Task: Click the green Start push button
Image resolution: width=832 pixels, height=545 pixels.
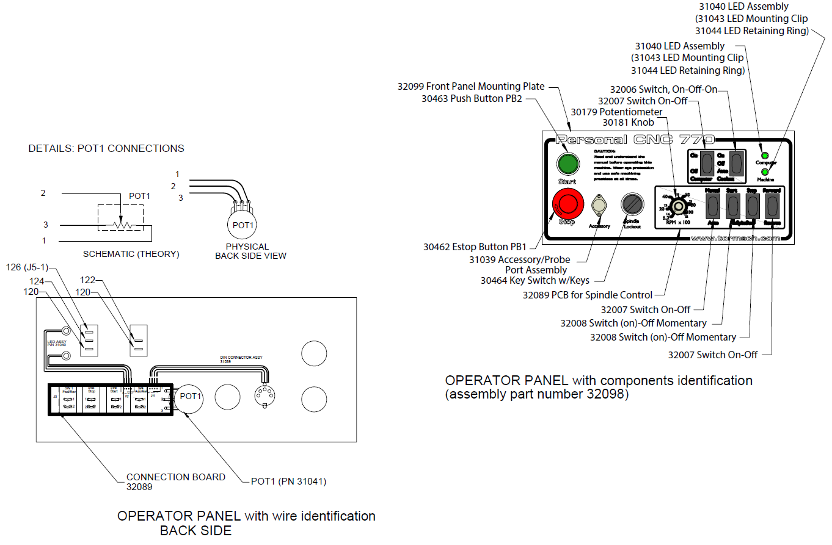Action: coord(567,164)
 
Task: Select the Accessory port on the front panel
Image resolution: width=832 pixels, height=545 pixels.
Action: coord(599,205)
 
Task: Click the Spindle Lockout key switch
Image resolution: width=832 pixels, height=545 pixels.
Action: coord(632,204)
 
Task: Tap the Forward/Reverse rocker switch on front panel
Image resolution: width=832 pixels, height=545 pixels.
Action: coord(772,208)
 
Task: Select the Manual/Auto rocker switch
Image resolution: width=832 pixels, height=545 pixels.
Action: coord(712,208)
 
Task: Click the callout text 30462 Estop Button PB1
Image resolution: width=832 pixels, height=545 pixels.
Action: coord(475,247)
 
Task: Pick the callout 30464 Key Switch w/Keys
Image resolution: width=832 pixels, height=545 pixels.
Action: coord(535,281)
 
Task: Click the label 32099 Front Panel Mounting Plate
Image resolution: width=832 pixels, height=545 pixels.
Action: coord(471,86)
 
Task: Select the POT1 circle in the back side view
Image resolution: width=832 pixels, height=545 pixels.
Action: coord(190,397)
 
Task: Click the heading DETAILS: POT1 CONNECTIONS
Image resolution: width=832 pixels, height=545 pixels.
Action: coord(106,148)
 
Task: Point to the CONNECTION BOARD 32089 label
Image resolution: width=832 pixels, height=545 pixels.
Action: coord(175,482)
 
